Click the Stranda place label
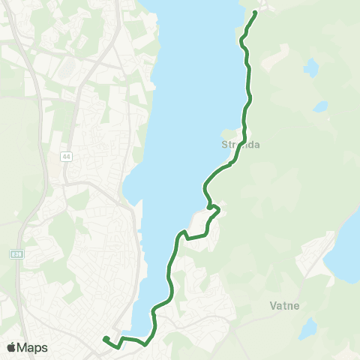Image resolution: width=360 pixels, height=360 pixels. [241, 145]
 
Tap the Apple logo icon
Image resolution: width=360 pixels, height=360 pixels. [11, 347]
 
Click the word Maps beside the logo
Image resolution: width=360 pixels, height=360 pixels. [32, 347]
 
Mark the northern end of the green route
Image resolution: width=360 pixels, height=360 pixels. [256, 12]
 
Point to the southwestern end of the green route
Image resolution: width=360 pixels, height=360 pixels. [103, 339]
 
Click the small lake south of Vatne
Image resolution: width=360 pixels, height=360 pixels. [307, 328]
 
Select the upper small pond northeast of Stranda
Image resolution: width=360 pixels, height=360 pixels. [311, 67]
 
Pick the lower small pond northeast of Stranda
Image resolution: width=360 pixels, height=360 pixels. [320, 106]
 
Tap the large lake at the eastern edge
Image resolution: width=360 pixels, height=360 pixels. [349, 247]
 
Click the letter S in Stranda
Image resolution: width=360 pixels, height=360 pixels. [224, 145]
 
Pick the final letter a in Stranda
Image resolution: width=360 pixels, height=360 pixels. [256, 145]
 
